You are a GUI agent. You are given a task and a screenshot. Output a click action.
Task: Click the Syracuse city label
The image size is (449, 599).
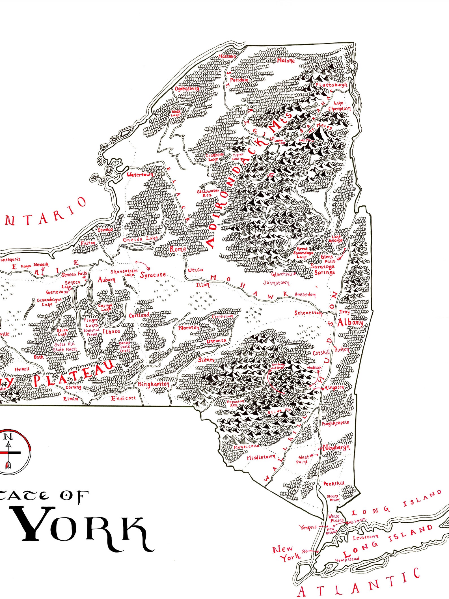pos(153,275)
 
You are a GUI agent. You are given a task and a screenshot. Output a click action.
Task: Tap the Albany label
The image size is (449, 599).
pos(350,323)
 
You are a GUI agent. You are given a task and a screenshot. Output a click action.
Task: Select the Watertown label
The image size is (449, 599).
pos(140,174)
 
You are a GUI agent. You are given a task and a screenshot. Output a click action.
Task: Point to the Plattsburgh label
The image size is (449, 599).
pos(331,85)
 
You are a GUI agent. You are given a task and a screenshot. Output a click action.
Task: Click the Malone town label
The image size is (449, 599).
pos(286,61)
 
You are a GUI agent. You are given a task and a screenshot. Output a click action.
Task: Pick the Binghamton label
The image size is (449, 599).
pos(154,384)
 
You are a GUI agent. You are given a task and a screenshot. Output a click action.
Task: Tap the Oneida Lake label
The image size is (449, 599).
pos(140,239)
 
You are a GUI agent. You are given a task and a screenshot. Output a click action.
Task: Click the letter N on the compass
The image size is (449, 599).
pos(8,437)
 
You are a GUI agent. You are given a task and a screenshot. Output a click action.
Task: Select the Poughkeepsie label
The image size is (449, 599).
pos(335,423)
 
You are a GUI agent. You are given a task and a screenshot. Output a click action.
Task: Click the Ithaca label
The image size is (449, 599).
pos(111,331)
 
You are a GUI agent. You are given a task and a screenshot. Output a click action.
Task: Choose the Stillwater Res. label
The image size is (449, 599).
pos(208,193)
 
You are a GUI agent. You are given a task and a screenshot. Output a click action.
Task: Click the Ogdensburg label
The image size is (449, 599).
pos(187,89)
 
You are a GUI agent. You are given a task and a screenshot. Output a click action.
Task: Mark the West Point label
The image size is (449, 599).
pos(303,459)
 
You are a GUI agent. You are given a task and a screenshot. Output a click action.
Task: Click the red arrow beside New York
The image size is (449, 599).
pos(310,551)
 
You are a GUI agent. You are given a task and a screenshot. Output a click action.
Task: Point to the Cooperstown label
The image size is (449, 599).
pos(223,316)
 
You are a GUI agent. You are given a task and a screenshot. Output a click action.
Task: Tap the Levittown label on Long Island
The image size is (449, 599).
pos(366,537)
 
